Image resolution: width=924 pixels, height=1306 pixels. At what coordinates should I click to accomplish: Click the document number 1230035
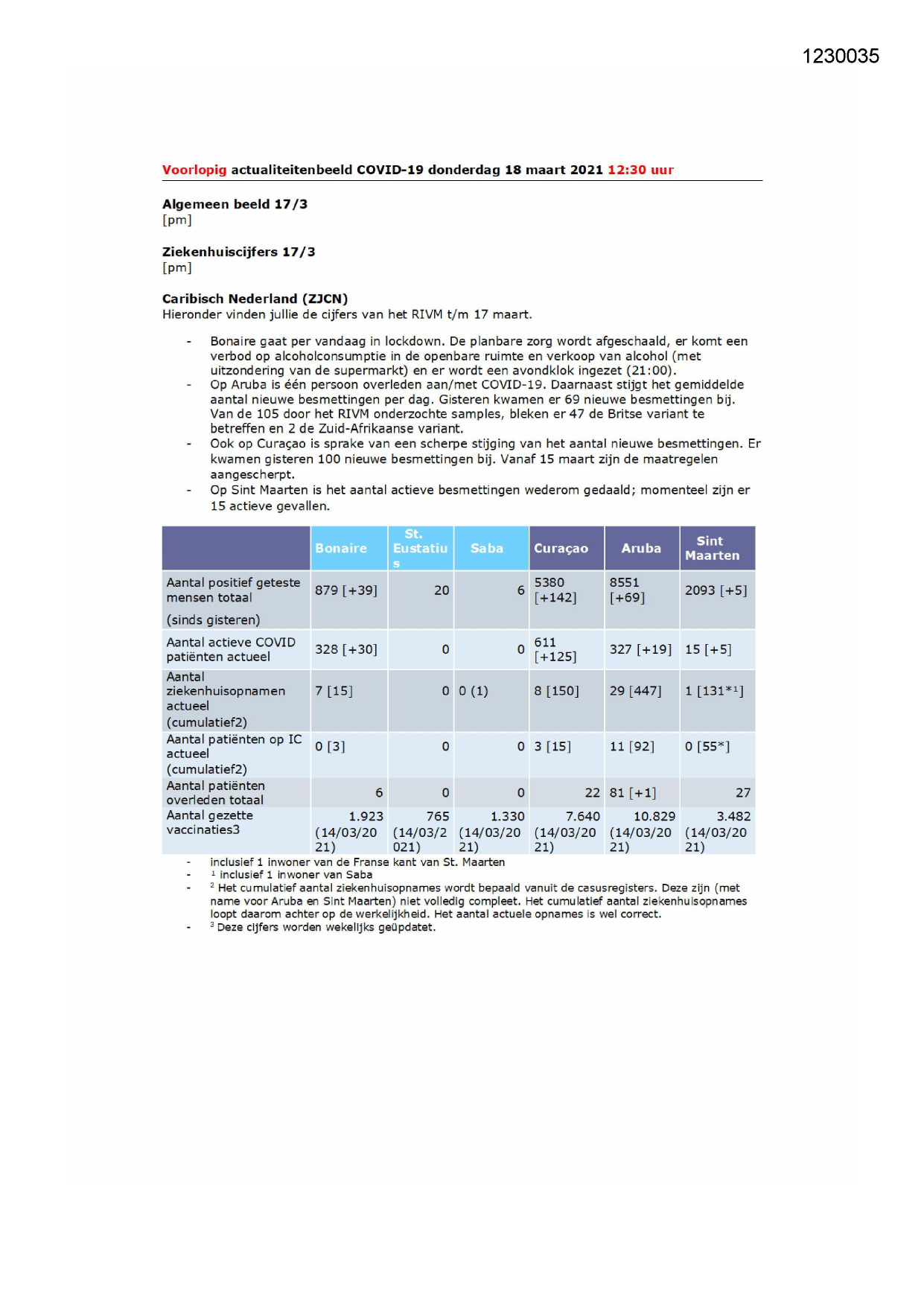coord(840,57)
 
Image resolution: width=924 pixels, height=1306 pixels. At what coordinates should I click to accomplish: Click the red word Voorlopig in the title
coord(194,170)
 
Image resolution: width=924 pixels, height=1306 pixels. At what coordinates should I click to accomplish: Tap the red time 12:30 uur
coord(640,170)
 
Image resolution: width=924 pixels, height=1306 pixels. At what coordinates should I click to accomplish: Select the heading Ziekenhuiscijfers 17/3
coord(238,252)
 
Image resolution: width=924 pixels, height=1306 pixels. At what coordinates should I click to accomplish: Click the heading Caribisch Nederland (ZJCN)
coord(255,299)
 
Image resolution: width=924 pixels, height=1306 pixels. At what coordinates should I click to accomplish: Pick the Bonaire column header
coord(341,548)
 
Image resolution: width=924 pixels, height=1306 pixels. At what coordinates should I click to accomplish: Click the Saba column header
coord(486,548)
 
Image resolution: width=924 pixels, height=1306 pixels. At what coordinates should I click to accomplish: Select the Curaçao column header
coord(561,548)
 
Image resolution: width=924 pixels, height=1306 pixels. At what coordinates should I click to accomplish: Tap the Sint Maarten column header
coord(712,548)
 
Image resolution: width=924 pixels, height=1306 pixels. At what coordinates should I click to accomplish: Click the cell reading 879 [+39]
coord(345,590)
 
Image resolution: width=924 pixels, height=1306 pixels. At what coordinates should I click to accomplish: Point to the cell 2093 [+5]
coord(716,590)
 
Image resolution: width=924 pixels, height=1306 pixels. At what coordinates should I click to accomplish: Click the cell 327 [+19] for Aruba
coord(640,649)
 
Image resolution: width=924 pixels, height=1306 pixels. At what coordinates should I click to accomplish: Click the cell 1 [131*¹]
coord(714,691)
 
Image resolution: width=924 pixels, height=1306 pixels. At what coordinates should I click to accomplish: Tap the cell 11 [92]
coord(631,746)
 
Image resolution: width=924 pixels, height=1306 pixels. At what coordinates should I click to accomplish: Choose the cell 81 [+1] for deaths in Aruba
coord(633,793)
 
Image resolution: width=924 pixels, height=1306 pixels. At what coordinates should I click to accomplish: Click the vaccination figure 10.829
coord(654,817)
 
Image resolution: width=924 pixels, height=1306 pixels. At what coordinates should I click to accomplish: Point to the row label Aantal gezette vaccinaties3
coord(210,823)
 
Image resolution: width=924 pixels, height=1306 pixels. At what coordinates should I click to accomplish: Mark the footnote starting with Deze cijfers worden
coord(326,927)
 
